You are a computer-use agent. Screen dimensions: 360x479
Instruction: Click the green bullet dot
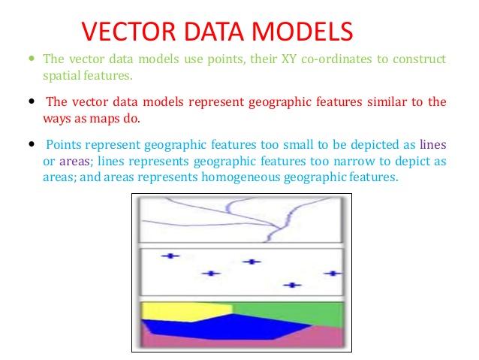(x=31, y=59)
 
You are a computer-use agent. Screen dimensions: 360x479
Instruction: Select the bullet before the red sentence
(x=31, y=101)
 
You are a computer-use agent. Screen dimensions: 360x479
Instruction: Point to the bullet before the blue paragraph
(x=31, y=144)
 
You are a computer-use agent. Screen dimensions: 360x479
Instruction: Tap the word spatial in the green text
(x=61, y=75)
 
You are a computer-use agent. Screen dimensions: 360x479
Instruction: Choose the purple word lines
(x=433, y=144)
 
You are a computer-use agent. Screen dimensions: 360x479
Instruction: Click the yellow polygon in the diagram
(x=176, y=311)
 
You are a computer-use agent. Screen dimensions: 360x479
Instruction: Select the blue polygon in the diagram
(x=225, y=328)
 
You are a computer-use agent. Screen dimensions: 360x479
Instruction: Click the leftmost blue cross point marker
(x=171, y=256)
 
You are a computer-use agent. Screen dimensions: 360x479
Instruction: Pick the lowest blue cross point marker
(x=293, y=285)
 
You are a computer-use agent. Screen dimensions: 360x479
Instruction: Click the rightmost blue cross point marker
(x=332, y=274)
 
